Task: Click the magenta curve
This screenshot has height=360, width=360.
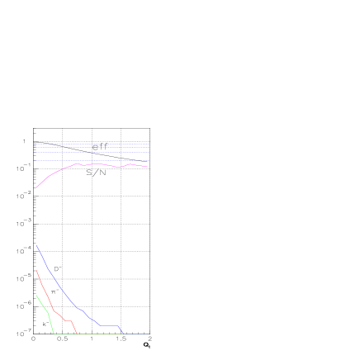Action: click(99, 164)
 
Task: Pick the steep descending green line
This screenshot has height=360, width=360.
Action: click(42, 304)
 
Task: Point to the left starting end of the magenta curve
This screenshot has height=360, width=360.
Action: click(36, 188)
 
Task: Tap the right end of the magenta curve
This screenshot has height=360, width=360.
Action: click(147, 167)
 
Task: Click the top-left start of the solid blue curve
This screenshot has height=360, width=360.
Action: click(36, 244)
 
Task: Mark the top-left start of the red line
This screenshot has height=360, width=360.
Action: click(36, 270)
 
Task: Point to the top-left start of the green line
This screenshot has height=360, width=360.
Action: click(36, 295)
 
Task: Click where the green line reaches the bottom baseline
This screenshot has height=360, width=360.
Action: click(54, 334)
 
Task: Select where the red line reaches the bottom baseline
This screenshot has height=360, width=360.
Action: click(78, 334)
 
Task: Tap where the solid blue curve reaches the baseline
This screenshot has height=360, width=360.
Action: click(124, 334)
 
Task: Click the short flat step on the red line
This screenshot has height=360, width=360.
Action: click(69, 320)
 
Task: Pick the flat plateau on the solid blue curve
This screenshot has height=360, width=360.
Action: click(110, 325)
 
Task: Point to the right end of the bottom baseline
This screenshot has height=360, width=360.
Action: click(147, 334)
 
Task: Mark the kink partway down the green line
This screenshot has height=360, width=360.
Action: click(49, 314)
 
